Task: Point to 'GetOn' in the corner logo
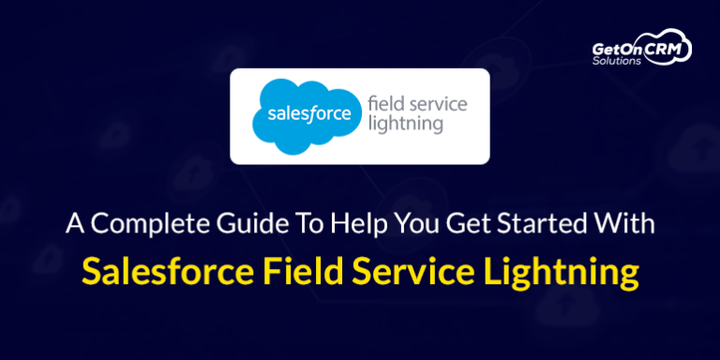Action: coord(614,48)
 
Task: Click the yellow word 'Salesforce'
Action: coord(161,271)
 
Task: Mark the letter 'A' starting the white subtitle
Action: coord(72,226)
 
